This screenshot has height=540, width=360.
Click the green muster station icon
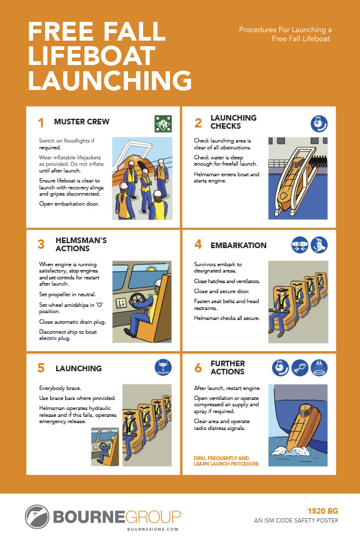(x=163, y=124)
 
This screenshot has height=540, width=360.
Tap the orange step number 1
(x=41, y=123)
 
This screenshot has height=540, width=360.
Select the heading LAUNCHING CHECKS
(x=234, y=122)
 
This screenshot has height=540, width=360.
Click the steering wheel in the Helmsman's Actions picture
(x=137, y=300)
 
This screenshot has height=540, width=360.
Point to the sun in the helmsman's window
(x=151, y=269)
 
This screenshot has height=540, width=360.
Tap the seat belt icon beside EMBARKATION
(x=300, y=245)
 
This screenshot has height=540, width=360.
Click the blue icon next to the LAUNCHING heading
(x=163, y=367)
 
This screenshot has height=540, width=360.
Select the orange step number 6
(x=198, y=367)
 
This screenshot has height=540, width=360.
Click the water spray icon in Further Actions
(x=319, y=367)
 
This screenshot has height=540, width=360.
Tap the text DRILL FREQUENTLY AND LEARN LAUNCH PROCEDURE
(x=226, y=461)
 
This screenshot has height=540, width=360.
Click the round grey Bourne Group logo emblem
(x=37, y=517)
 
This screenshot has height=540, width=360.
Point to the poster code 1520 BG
(x=322, y=511)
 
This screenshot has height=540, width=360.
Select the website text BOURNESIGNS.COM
(x=153, y=529)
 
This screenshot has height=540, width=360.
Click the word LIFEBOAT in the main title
(x=92, y=56)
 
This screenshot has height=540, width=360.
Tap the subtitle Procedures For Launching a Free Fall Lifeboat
(x=285, y=34)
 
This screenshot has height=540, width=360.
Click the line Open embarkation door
(x=69, y=204)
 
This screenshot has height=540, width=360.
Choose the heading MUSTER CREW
(x=82, y=122)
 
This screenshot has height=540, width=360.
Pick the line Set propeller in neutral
(x=67, y=294)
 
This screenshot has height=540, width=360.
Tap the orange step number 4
(x=198, y=244)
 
